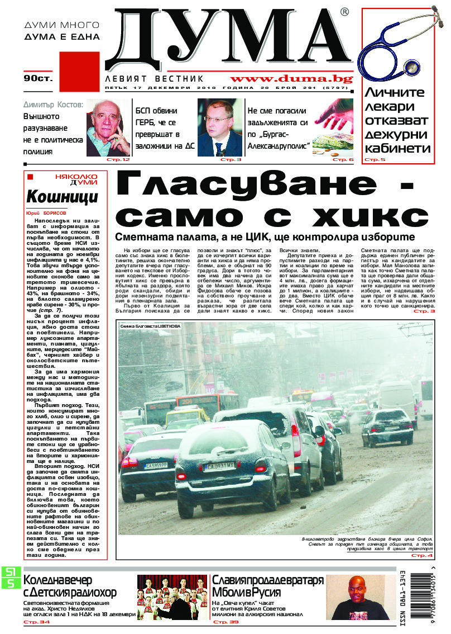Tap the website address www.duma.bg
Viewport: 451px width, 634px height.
[291, 79]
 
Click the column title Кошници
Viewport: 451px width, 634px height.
[62, 197]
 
